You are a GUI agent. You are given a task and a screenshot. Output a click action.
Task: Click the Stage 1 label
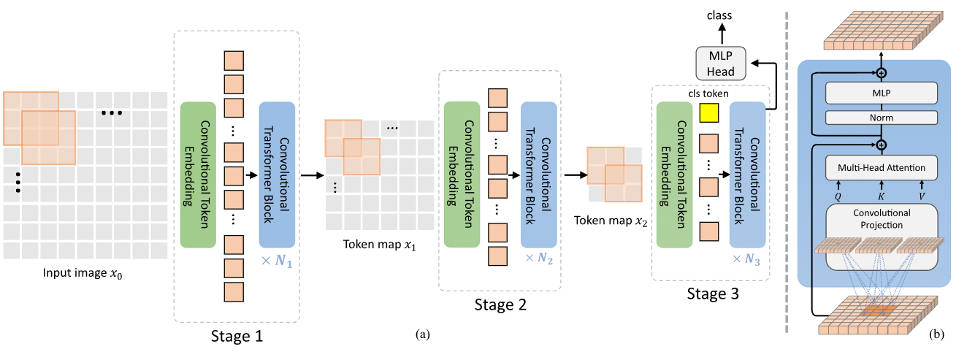(237, 337)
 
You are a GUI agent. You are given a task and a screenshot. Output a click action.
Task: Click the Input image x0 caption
(85, 275)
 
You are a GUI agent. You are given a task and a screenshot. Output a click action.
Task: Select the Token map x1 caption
(380, 244)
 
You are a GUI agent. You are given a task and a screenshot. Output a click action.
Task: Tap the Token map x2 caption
(611, 221)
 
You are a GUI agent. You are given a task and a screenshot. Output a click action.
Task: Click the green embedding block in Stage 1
(197, 175)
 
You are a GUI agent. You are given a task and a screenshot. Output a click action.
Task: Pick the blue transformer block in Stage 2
(538, 175)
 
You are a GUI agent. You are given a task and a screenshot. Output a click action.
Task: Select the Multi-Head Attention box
(881, 168)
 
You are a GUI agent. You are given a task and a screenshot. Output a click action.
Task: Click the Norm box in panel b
(881, 117)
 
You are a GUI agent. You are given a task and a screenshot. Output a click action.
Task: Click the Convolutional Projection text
(881, 219)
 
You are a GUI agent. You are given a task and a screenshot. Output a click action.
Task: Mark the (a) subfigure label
(421, 334)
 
